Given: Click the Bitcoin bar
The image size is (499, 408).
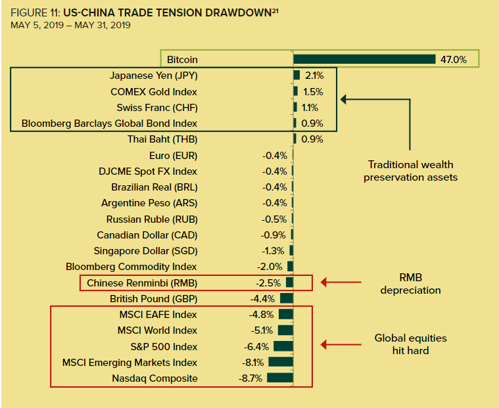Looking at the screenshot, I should pos(364,59).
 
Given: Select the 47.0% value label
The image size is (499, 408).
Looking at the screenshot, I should pos(453,59).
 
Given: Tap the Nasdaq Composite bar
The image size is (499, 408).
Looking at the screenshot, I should pos(279,378).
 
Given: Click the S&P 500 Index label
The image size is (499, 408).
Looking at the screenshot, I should pos(164,346).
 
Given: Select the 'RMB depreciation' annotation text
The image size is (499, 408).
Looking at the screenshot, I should pos(410,283).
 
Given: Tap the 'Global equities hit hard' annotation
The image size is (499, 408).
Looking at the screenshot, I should pos(410,344).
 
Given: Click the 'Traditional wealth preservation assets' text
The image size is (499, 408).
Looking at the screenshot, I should pos(410,171).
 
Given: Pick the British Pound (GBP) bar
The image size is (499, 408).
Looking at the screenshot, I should pos(286,299).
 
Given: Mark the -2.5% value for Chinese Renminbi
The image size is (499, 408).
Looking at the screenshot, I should pos(268,283).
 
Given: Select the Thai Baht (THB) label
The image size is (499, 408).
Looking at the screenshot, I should pos(162,139).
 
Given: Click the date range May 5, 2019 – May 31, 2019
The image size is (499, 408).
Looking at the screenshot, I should pos(71,26).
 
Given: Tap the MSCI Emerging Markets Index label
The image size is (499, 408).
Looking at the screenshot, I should pos(130,363).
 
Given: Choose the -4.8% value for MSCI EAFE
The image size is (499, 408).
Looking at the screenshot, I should pos(261,315).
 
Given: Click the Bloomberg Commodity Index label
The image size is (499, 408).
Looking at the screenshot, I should pos(131,267).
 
